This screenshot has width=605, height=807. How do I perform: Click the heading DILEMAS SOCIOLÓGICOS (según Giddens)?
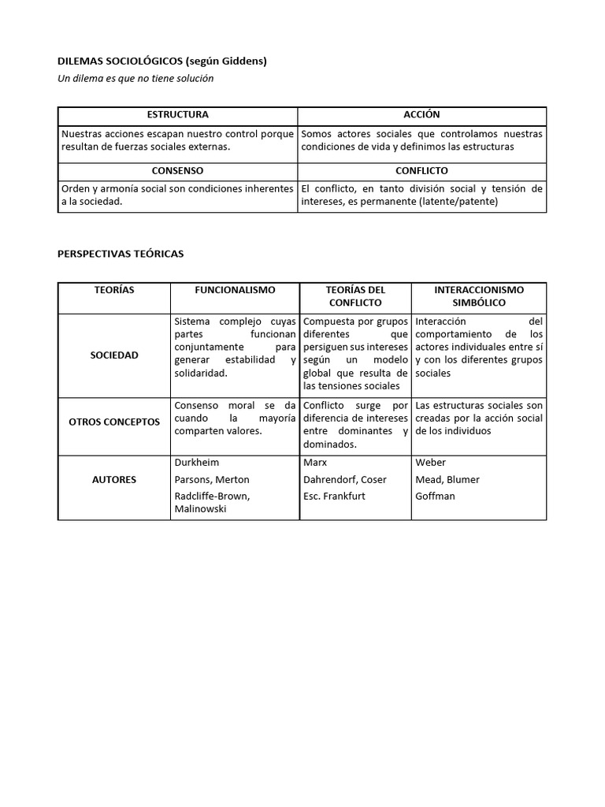pos(162,61)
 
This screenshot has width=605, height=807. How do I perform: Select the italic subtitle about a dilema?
pos(135,78)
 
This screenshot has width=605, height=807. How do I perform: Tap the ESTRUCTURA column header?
pos(177,115)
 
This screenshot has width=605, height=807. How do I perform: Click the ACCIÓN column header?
pos(421,115)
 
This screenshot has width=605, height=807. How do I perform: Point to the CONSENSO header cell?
pos(177,171)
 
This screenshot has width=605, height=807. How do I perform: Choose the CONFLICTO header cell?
pos(421,171)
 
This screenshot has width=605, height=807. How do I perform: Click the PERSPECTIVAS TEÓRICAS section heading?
pos(121,254)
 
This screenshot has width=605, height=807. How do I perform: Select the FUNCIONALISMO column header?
pos(235,290)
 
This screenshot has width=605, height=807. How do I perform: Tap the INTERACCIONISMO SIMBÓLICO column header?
pos(478,296)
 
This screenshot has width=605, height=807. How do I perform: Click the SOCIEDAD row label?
pos(113,355)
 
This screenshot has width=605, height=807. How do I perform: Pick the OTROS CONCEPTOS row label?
pos(113,422)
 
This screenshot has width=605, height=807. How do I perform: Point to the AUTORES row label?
pos(113,480)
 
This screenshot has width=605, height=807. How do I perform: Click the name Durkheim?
pos(197,463)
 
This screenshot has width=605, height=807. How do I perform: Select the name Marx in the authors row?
pos(315,463)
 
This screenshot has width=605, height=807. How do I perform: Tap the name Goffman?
pos(435,496)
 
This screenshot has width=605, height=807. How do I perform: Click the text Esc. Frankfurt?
pos(334,496)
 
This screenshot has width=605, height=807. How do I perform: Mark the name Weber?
pos(430,463)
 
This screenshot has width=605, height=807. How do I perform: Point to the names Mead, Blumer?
pos(447,480)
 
